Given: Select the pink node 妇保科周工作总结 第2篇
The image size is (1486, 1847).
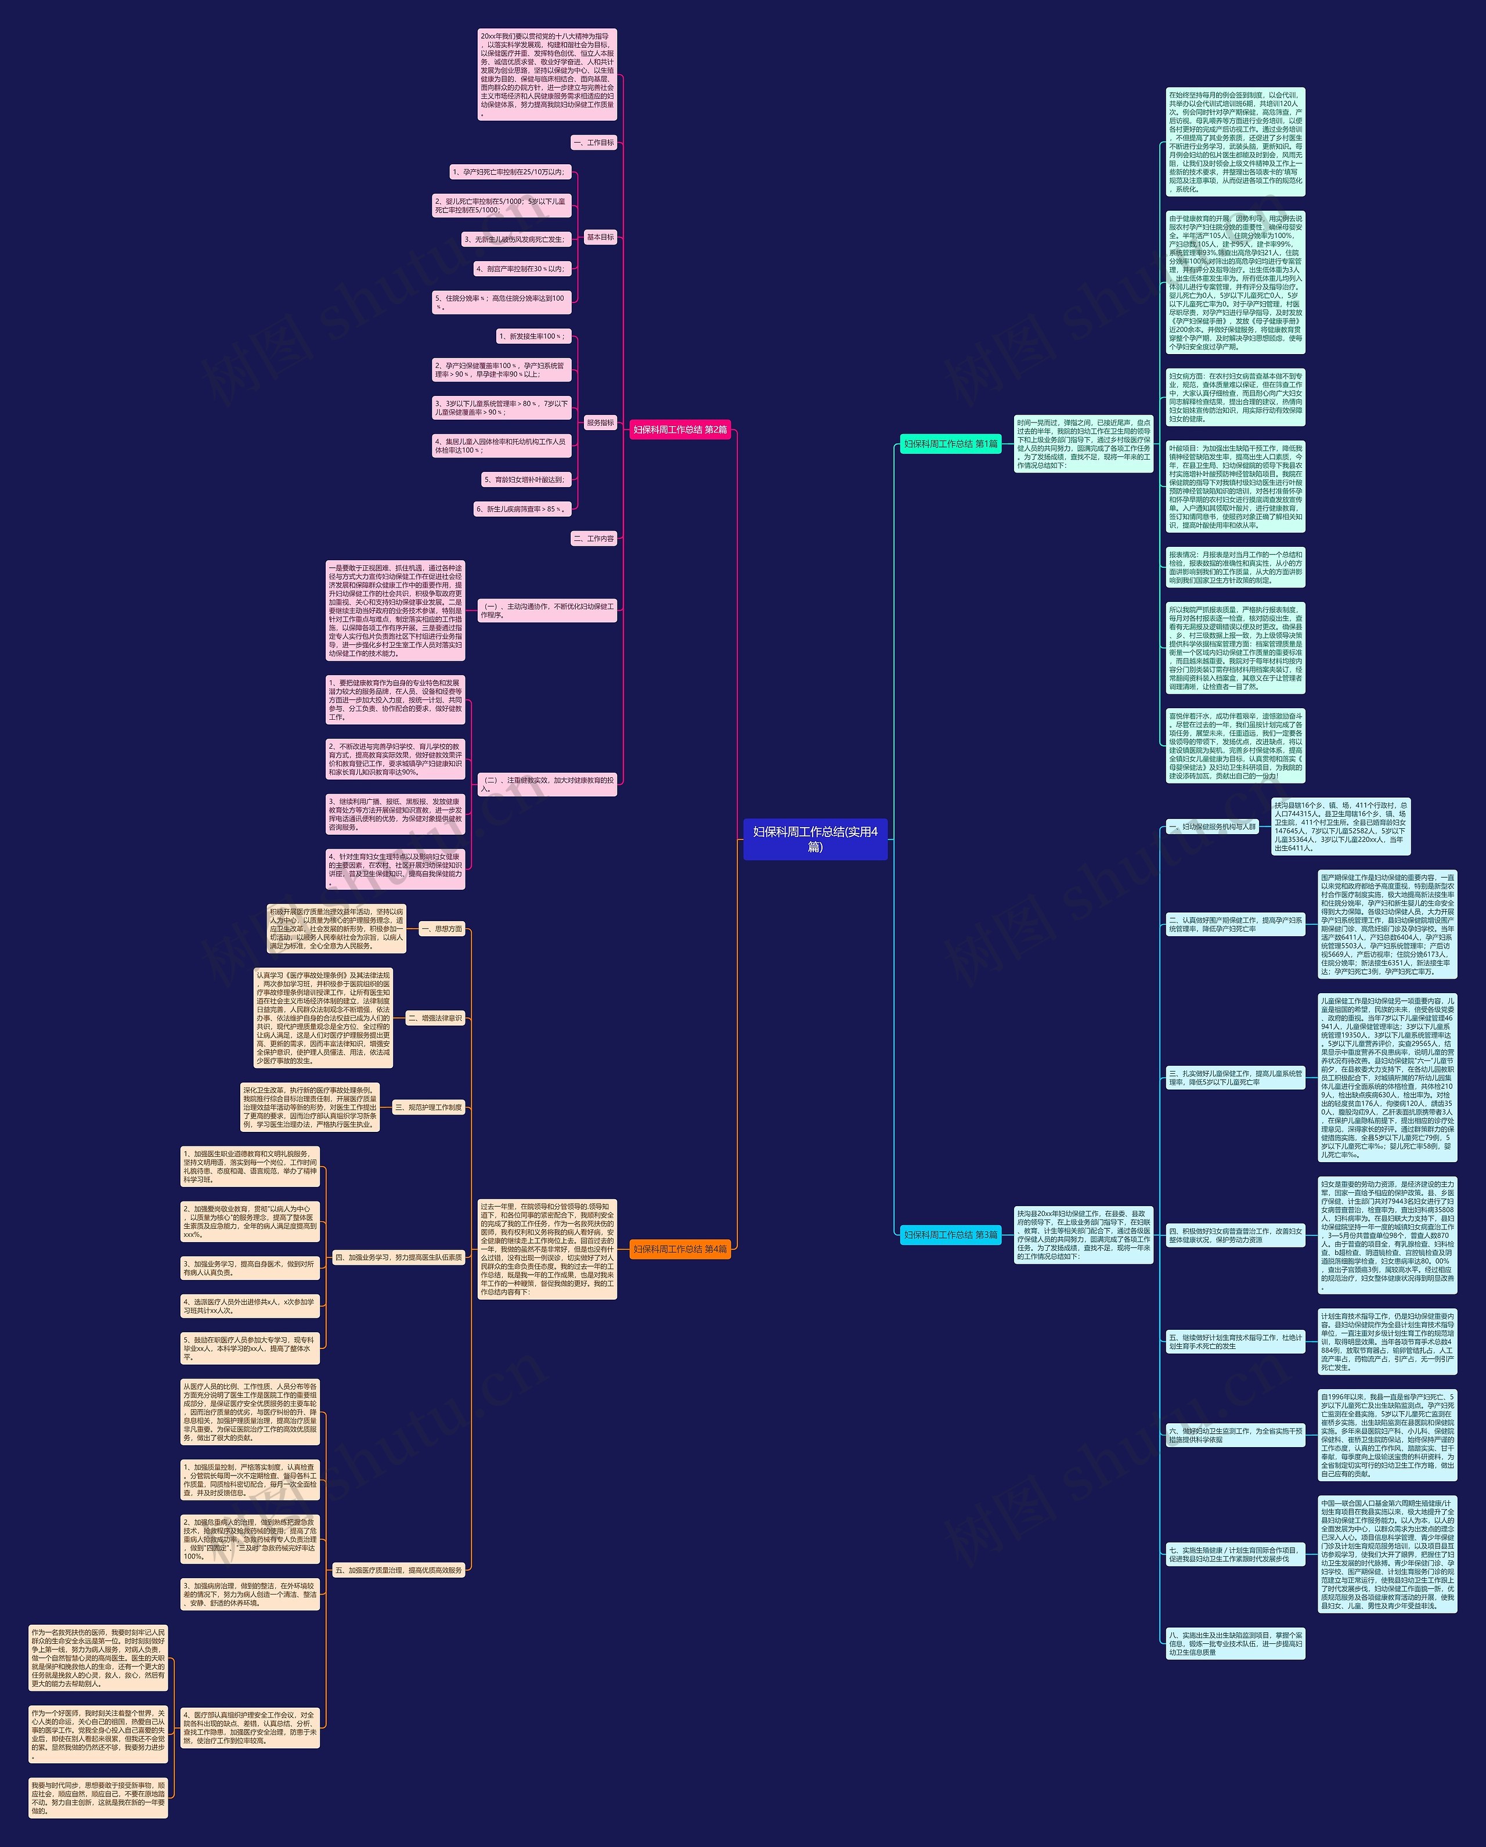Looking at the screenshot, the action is (680, 429).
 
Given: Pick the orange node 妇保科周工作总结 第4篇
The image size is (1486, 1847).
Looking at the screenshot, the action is (680, 1249).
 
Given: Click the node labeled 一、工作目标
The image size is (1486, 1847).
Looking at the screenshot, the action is (594, 142).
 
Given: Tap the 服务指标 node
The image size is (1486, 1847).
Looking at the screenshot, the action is (600, 423).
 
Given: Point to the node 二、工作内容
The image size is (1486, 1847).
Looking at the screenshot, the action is (594, 539).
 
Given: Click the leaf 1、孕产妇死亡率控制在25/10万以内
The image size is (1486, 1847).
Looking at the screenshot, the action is (508, 172).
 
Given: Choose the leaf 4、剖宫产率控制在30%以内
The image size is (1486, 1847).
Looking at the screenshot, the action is (521, 269).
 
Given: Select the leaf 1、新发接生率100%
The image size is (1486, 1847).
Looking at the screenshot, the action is (532, 337).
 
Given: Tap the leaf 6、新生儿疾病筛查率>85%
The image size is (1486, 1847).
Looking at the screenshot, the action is (521, 509).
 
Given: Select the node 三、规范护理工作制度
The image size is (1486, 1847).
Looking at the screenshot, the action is (428, 1108).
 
